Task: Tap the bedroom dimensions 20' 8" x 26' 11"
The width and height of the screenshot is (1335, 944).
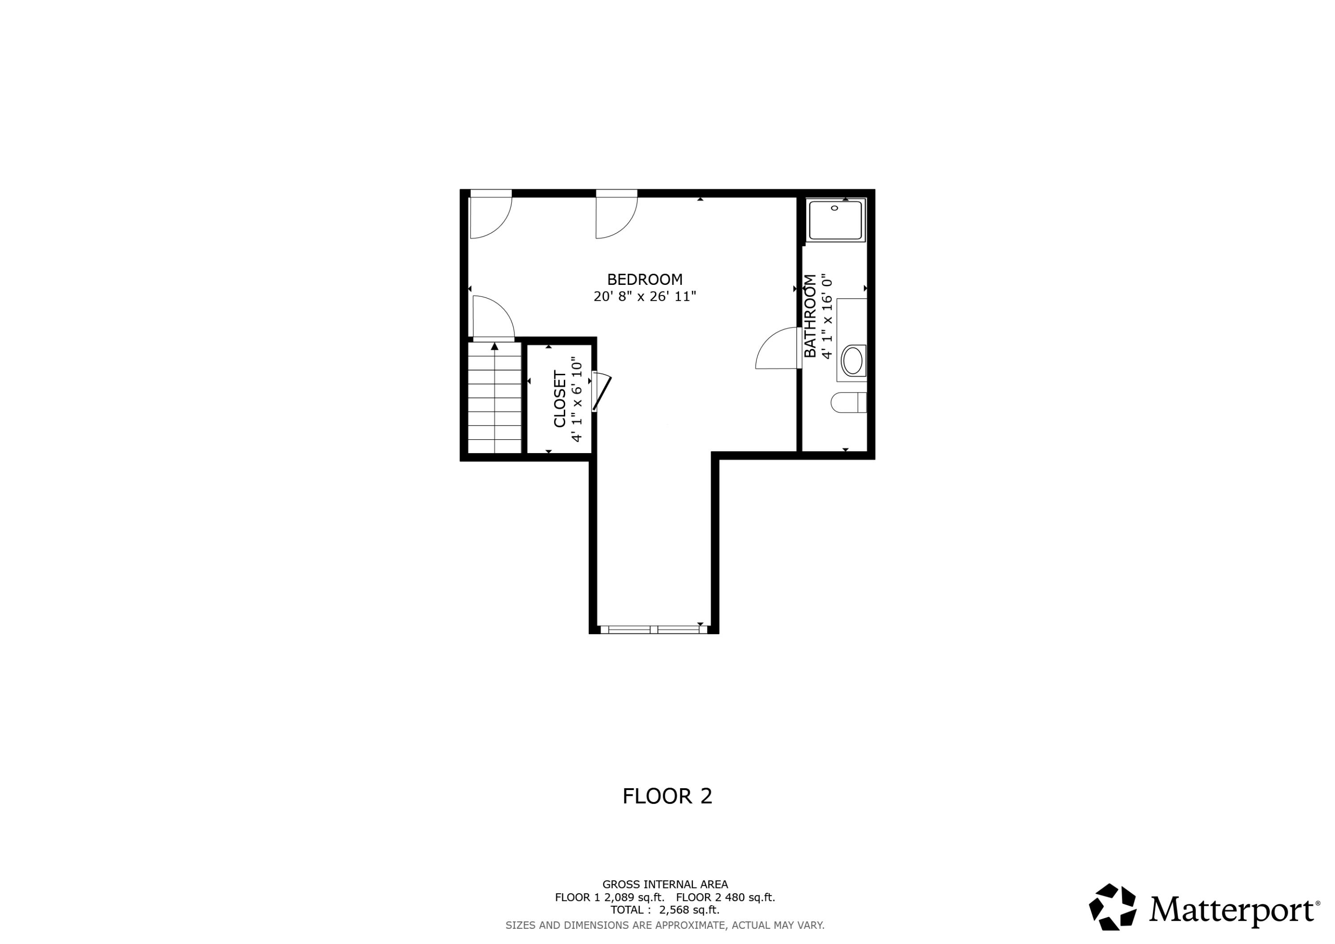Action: tap(644, 296)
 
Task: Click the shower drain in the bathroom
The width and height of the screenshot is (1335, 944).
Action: tap(834, 208)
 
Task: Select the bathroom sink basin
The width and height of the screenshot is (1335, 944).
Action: tap(853, 361)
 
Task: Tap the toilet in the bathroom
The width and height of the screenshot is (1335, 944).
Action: tap(848, 402)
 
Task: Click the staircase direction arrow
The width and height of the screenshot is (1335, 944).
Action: tap(495, 347)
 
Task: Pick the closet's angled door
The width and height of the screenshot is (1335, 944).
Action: tap(602, 393)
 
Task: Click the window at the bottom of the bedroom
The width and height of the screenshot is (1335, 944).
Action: tap(654, 629)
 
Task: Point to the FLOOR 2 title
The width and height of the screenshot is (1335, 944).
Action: tap(667, 796)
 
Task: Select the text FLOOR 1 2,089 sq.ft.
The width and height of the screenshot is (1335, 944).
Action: tap(609, 897)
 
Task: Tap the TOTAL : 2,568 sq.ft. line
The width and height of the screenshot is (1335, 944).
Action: tap(664, 910)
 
